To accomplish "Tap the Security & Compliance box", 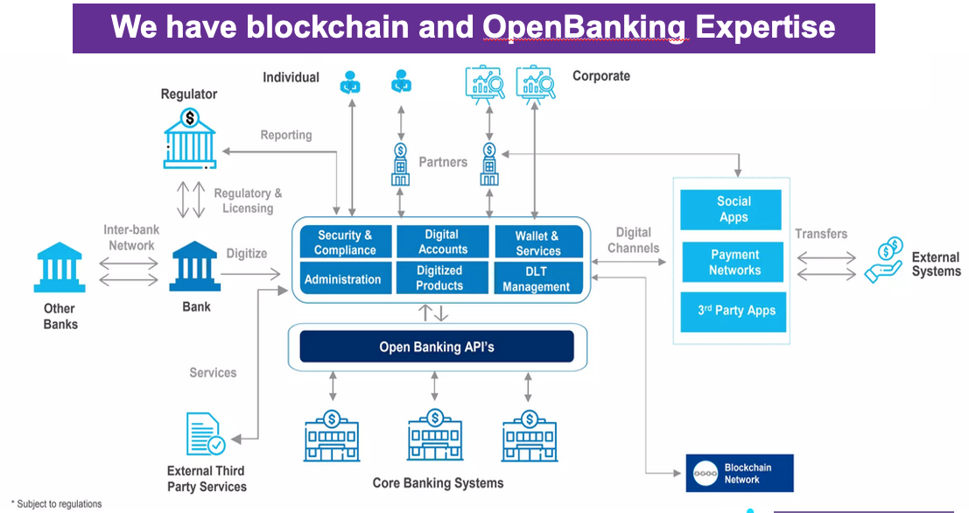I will [345, 242].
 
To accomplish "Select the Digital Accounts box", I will [442, 242].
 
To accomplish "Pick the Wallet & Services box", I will [537, 242].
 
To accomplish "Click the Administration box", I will [343, 279].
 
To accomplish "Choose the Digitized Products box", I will [440, 278].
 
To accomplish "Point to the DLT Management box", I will [537, 279].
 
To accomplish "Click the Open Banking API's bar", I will [437, 347].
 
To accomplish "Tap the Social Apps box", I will [734, 209].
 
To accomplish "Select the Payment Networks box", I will [734, 263].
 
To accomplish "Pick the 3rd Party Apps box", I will [735, 311].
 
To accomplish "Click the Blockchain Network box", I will [740, 474].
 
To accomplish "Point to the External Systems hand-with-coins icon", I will [884, 259].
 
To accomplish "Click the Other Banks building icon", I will [60, 269].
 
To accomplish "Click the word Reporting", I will [286, 135].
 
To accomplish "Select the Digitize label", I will [247, 253].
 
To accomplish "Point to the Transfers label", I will [821, 234].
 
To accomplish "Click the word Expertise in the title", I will [765, 27].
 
